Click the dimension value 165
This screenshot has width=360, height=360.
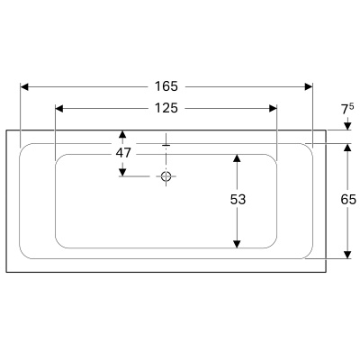tap(166, 86)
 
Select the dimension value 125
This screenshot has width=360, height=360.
tap(166, 108)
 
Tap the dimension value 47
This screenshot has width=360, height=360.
tap(123, 153)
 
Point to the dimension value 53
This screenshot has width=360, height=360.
tap(238, 200)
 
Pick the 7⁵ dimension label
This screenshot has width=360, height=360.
tap(346, 109)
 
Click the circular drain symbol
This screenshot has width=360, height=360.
tap(166, 176)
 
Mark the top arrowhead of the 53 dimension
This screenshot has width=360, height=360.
tap(238, 159)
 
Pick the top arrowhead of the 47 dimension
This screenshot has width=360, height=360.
tap(123, 137)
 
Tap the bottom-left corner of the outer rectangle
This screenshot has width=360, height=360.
tap(6, 271)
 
